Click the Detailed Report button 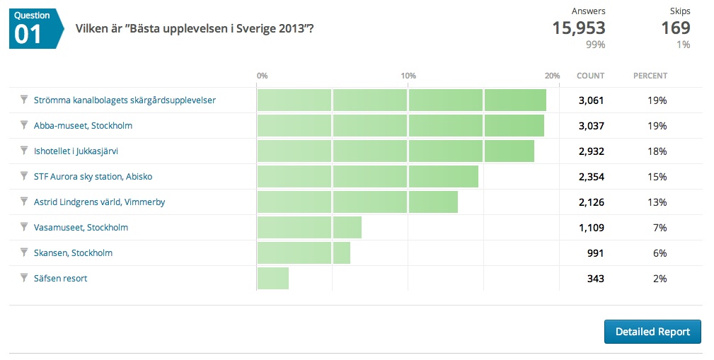[652, 332]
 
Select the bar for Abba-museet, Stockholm [400, 126]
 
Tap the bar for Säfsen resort [272, 279]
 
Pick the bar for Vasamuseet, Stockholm [309, 228]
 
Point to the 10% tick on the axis [408, 76]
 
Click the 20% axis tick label [553, 76]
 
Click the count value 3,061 [591, 100]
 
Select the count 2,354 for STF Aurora [591, 177]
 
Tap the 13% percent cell [657, 202]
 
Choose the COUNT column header [590, 76]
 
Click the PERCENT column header [650, 76]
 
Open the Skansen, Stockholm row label [73, 253]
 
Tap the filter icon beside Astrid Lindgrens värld [23, 202]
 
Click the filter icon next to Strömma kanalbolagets [23, 100]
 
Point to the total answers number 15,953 [578, 28]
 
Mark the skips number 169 [675, 28]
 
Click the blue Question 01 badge [33, 28]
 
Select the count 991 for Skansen [596, 253]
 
